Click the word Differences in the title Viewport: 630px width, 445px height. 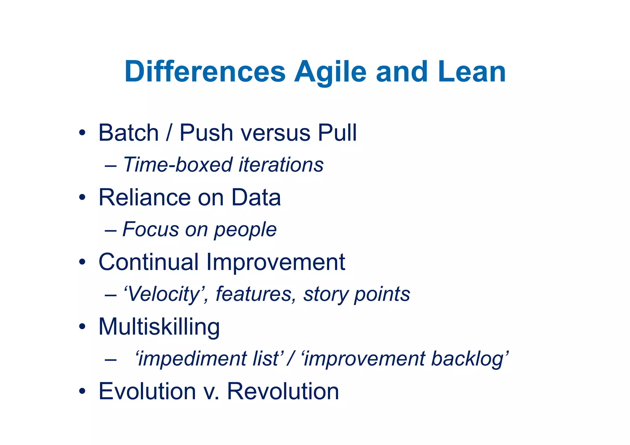[205, 72]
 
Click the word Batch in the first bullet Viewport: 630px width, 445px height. [128, 133]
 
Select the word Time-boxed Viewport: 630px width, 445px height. [177, 165]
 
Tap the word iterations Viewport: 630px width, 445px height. [281, 165]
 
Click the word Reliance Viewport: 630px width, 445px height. [144, 197]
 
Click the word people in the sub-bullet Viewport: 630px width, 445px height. [245, 230]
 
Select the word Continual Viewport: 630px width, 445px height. [148, 262]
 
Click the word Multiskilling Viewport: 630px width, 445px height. [159, 327]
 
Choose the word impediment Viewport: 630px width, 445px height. [191, 359]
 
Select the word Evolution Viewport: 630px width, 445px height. [147, 391]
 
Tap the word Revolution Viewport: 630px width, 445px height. [283, 391]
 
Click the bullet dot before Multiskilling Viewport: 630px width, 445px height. [82, 327]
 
